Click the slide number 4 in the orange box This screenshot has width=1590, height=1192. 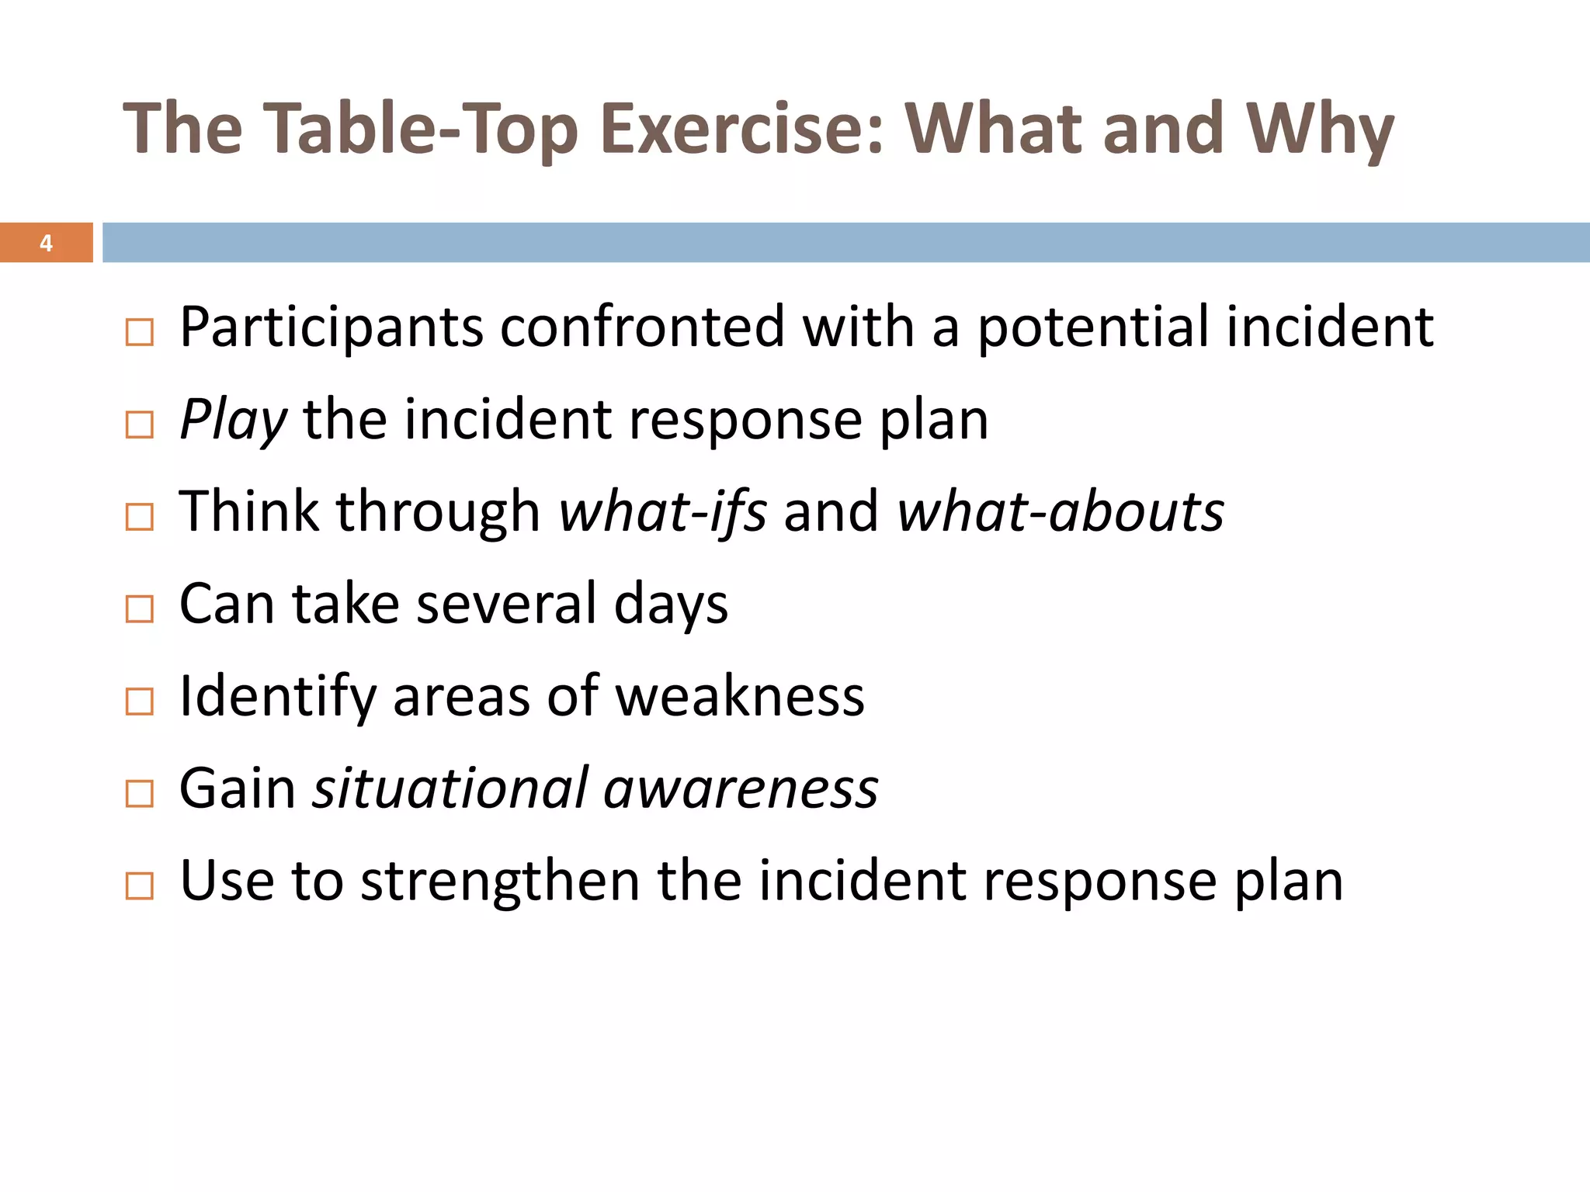click(x=46, y=244)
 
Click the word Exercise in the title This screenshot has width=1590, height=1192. click(x=742, y=129)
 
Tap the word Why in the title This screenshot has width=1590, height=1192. click(x=1320, y=129)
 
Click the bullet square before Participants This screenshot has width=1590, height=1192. click(x=140, y=333)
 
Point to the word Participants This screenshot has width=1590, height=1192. click(x=332, y=327)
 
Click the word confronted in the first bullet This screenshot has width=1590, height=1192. click(x=642, y=327)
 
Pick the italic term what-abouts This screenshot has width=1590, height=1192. click(x=1061, y=512)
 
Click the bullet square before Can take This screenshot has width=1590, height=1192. click(x=140, y=609)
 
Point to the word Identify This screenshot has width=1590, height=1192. click(x=277, y=697)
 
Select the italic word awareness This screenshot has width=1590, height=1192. click(x=741, y=788)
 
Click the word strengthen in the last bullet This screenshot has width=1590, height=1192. click(x=500, y=881)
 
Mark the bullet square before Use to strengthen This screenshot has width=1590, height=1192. click(x=140, y=885)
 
